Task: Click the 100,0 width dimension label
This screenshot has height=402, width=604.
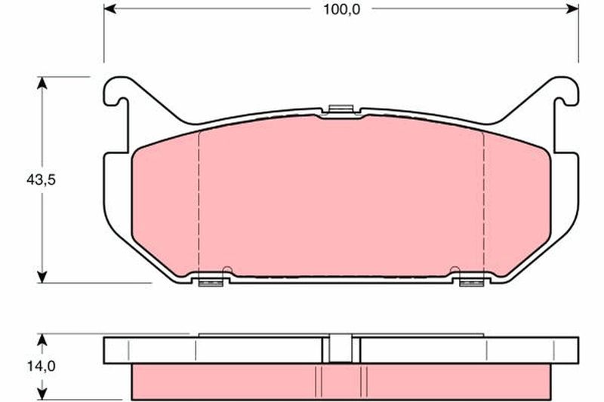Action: click(341, 9)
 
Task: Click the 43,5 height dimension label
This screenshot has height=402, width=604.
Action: click(42, 180)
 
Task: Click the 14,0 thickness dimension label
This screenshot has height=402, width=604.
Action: click(42, 367)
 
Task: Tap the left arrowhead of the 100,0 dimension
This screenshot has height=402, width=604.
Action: click(109, 8)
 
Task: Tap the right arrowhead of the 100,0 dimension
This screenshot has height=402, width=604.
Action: click(572, 8)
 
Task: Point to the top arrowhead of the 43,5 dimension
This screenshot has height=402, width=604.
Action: click(42, 83)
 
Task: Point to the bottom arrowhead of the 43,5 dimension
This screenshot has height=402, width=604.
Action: click(42, 277)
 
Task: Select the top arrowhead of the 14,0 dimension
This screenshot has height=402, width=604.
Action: click(42, 339)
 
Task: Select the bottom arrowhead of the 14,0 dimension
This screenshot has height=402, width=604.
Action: click(42, 394)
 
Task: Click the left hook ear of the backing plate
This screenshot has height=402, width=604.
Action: click(116, 92)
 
